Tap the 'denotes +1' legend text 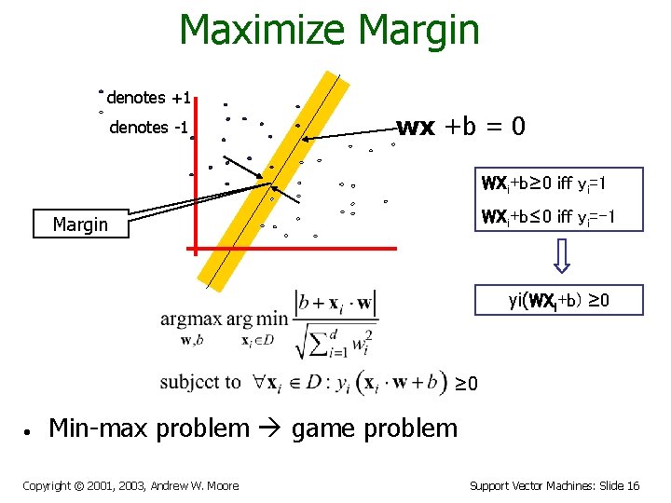coord(149,98)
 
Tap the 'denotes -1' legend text coord(149,128)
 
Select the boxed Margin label coord(80,224)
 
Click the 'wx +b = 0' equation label coord(461,127)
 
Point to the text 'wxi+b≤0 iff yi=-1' coord(548,219)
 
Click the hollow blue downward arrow coord(563,256)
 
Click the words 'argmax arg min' coord(224,319)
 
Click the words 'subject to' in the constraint coord(199,383)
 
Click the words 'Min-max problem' coord(149,428)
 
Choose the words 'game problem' coord(374,428)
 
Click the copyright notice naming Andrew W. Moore coord(130,485)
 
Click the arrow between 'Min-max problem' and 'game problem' coord(270,429)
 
